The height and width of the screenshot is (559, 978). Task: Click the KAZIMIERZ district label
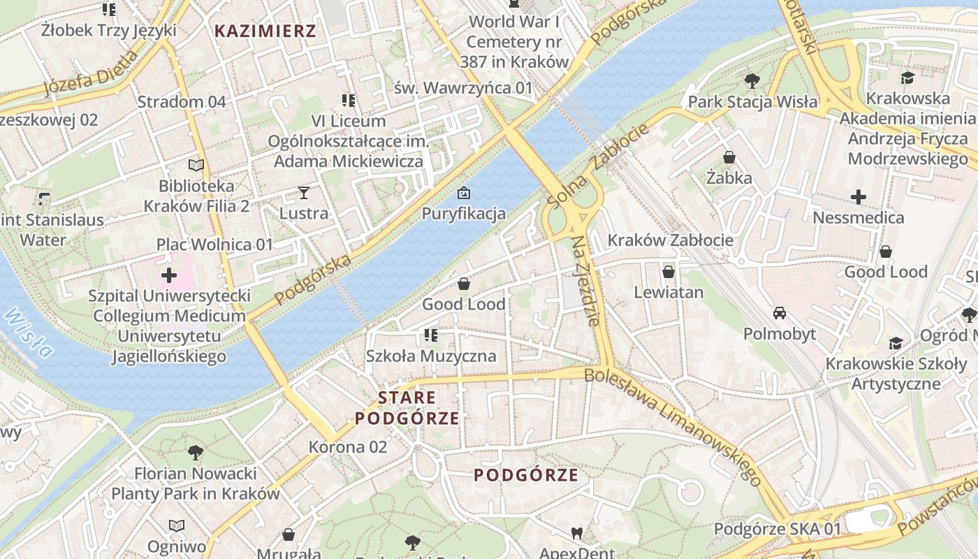[265, 31]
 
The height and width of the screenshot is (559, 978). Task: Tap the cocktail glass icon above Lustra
[304, 193]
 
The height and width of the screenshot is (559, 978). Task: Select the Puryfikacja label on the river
[463, 213]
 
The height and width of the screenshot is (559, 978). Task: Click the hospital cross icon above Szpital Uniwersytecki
[169, 275]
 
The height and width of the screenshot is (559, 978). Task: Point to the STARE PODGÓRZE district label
[407, 408]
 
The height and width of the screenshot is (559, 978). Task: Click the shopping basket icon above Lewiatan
[669, 271]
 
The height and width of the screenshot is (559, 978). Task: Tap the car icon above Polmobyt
[780, 313]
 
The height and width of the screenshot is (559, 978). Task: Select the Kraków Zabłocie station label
[670, 240]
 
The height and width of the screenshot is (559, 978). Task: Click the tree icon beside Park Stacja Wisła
[752, 82]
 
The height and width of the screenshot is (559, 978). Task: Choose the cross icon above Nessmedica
[859, 197]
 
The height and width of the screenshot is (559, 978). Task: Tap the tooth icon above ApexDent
[576, 533]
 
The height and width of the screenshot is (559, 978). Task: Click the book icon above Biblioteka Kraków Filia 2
[196, 166]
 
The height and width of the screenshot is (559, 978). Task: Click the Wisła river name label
[28, 332]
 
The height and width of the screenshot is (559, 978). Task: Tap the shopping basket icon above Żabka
[729, 157]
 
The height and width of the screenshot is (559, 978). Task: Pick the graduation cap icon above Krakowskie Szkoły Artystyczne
[896, 343]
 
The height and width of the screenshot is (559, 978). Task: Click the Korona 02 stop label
[347, 447]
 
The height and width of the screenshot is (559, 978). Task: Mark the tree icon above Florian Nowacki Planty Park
[196, 453]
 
